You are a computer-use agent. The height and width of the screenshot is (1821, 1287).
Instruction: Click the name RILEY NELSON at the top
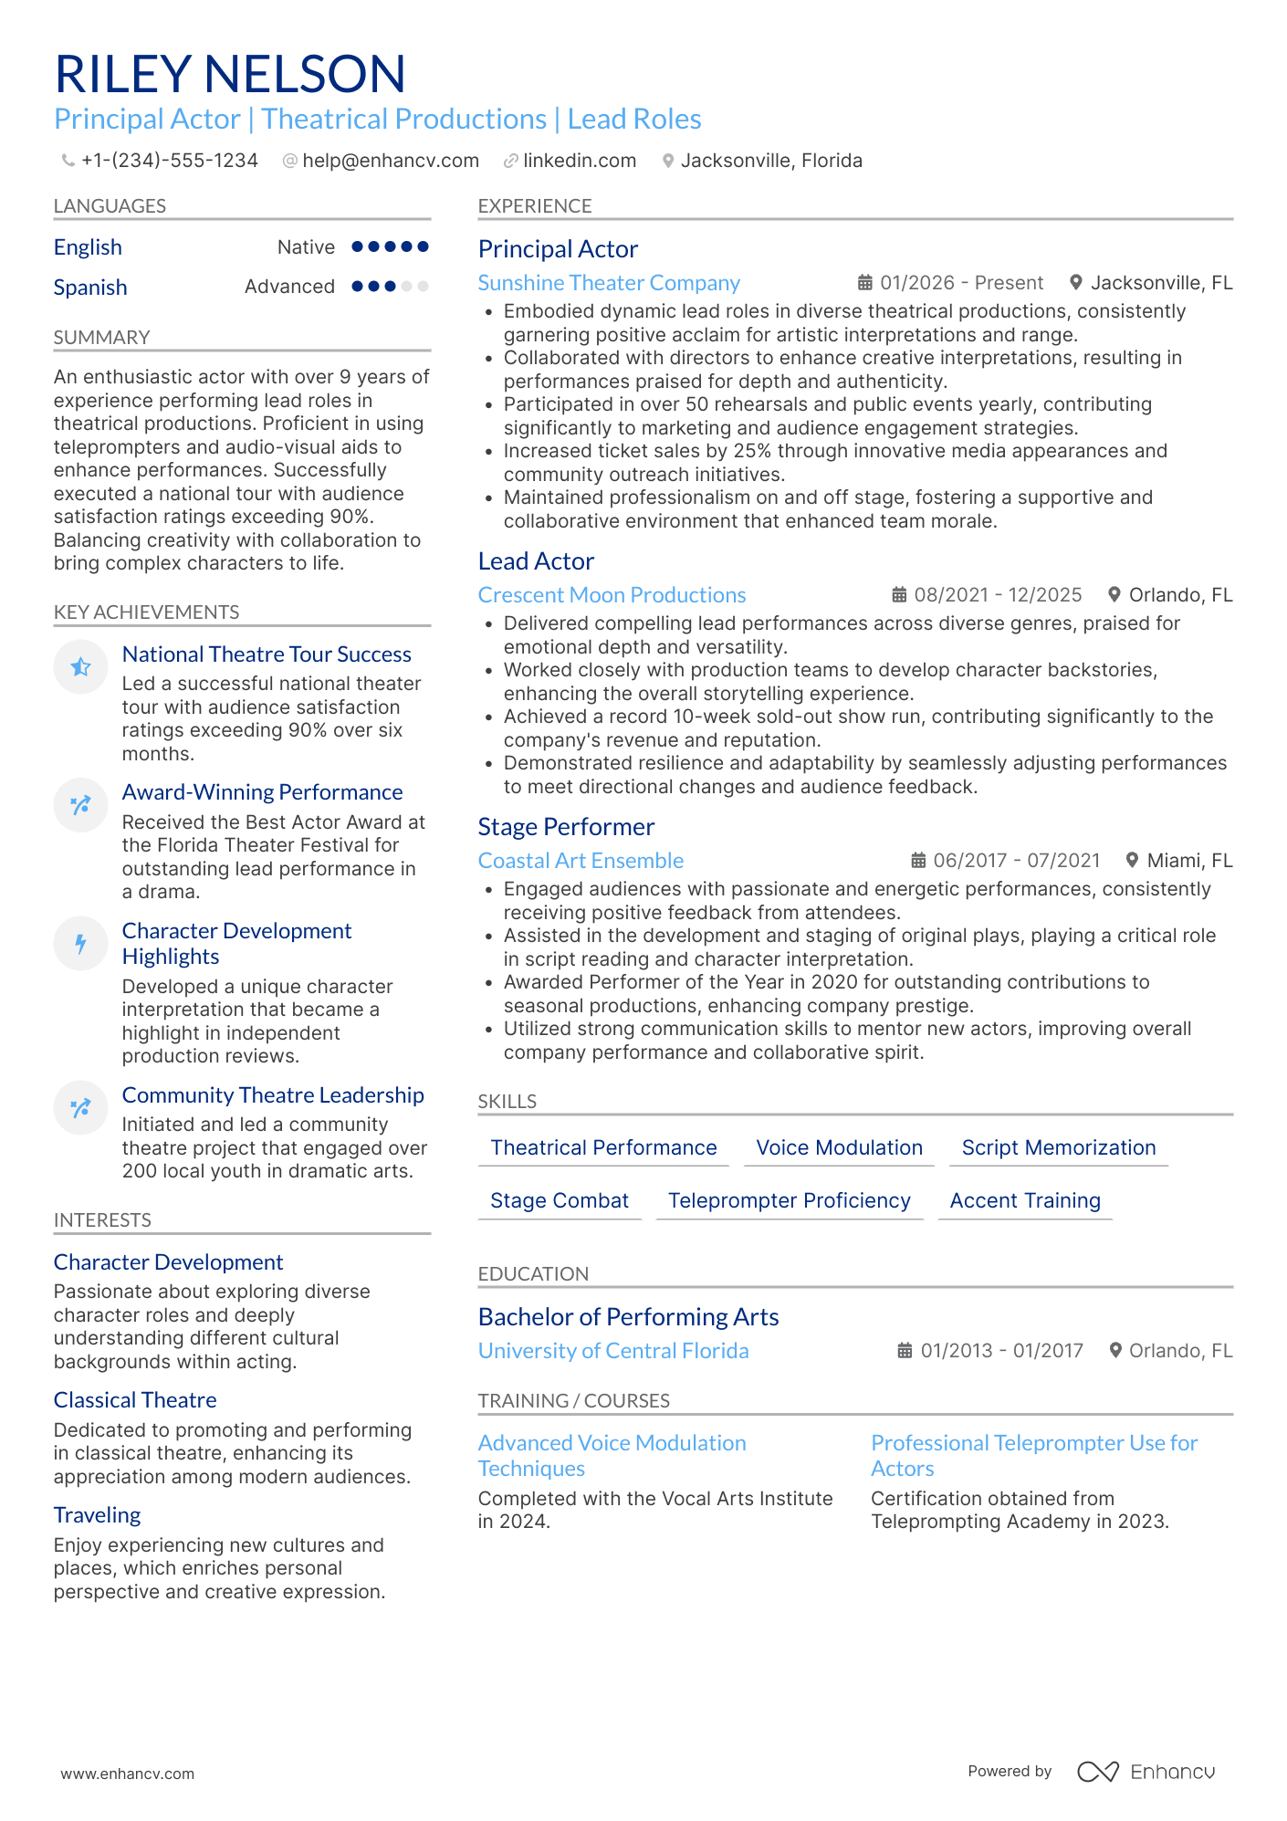point(230,74)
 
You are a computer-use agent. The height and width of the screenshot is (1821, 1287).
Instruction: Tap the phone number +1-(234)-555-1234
point(169,161)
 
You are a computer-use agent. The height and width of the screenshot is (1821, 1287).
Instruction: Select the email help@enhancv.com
point(390,161)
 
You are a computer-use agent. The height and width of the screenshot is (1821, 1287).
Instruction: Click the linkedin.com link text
point(580,161)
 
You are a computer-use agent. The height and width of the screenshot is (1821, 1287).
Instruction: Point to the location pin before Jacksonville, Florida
point(668,161)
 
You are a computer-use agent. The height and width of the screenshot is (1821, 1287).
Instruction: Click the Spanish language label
point(90,288)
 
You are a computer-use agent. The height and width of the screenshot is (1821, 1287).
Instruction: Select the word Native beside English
point(306,247)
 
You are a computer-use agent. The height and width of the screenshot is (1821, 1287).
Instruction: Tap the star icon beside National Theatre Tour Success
point(81,667)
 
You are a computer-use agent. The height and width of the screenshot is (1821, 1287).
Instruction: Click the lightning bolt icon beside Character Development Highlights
point(81,943)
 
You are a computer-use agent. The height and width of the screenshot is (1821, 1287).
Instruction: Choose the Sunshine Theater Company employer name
point(609,283)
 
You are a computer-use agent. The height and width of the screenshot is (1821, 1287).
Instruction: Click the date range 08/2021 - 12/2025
point(998,595)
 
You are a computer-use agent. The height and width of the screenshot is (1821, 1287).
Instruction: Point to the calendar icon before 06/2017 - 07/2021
point(918,861)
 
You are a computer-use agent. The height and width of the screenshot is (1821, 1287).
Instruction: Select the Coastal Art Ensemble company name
point(581,861)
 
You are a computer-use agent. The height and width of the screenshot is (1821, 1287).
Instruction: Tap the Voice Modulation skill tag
point(839,1147)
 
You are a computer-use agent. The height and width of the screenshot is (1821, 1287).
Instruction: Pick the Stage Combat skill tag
point(560,1200)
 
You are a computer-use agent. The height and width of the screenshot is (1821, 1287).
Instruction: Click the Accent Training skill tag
point(1025,1200)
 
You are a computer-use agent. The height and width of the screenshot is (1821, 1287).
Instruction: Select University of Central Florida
point(613,1351)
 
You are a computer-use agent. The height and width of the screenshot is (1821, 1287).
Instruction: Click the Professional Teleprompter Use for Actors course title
point(1033,1455)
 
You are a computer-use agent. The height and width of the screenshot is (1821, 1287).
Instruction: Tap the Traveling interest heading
point(98,1515)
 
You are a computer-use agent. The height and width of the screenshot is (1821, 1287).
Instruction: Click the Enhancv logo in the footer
point(1146,1772)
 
